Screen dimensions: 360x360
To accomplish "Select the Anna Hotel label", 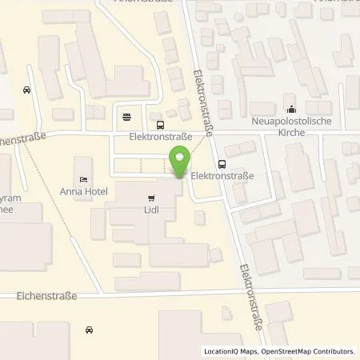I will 83,190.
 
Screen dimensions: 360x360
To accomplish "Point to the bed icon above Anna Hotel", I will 84,178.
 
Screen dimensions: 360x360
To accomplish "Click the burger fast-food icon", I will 128,117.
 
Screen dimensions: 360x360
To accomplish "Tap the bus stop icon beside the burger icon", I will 161,125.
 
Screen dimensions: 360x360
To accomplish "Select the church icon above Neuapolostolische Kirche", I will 290,110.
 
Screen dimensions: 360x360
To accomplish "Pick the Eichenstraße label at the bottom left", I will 46,296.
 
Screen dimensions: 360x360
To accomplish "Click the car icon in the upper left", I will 27,90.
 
